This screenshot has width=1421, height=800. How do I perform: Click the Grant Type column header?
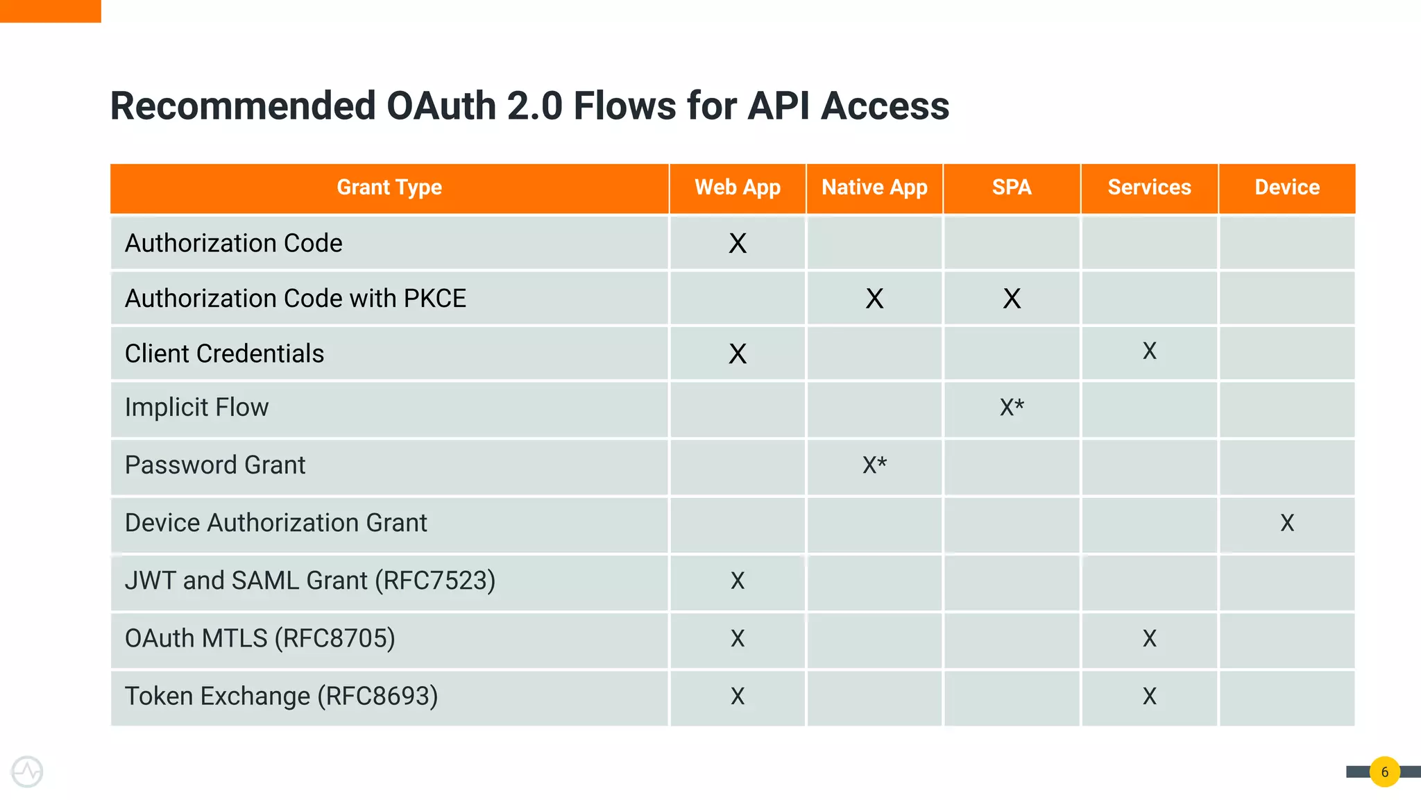(389, 187)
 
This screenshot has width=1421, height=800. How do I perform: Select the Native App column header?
(874, 187)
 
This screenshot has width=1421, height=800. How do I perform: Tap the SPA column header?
(1012, 187)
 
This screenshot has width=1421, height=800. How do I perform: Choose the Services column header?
(1149, 187)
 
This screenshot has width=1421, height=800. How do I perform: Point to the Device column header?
(1287, 187)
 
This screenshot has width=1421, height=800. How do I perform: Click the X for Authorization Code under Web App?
(738, 244)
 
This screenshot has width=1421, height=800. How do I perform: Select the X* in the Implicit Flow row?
(1012, 408)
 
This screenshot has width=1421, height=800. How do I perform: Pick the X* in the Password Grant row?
(874, 465)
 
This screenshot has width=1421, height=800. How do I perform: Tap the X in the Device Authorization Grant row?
(1287, 523)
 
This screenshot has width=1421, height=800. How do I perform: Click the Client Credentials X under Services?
(1149, 351)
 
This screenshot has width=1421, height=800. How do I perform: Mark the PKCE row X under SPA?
(1012, 299)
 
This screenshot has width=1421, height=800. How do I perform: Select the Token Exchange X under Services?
(1149, 697)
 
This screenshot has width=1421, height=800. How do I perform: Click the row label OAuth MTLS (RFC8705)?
(259, 638)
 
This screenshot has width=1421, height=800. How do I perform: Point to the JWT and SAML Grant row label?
(309, 581)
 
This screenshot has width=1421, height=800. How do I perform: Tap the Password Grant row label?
(215, 465)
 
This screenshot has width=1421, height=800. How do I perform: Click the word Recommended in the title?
(243, 106)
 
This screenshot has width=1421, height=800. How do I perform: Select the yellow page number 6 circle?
(1384, 772)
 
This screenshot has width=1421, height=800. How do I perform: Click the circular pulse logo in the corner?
(27, 772)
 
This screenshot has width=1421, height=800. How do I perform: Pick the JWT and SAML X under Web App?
(738, 581)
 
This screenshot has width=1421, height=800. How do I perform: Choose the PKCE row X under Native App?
(874, 299)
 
